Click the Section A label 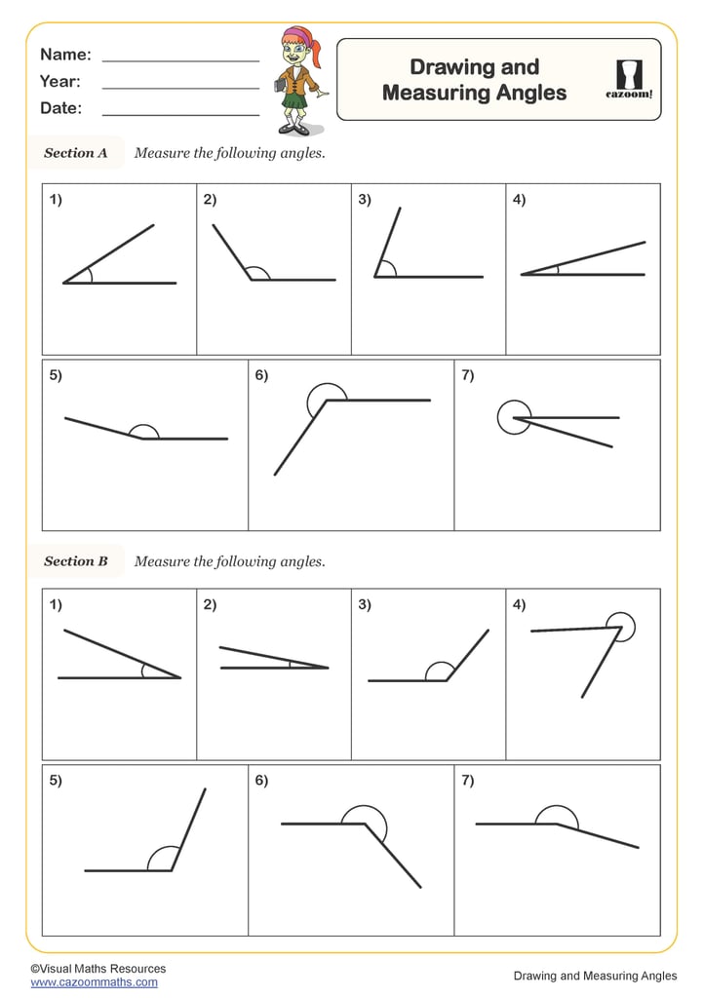pyautogui.click(x=76, y=153)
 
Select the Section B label pyautogui.click(x=76, y=561)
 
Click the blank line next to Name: pyautogui.click(x=180, y=59)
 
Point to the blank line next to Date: pyautogui.click(x=180, y=114)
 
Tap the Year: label pyautogui.click(x=60, y=82)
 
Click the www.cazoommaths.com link pyautogui.click(x=94, y=982)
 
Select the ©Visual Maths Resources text pyautogui.click(x=98, y=969)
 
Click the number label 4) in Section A pyautogui.click(x=519, y=201)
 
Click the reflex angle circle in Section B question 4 pyautogui.click(x=620, y=627)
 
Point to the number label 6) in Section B pyautogui.click(x=261, y=781)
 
